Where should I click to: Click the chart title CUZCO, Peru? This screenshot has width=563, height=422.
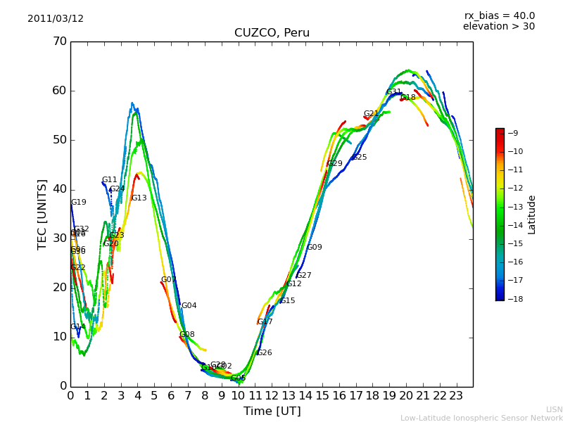tap(272, 33)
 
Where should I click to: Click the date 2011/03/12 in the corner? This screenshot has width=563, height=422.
tap(56, 19)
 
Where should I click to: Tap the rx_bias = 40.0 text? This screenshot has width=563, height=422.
tap(499, 15)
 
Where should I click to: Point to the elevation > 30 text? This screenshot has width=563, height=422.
tap(498, 27)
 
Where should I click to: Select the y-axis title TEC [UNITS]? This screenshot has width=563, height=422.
tap(42, 214)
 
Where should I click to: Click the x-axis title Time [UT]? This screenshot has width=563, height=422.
tap(272, 411)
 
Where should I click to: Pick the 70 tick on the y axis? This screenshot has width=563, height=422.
tap(59, 41)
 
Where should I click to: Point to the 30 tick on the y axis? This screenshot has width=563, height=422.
tap(59, 238)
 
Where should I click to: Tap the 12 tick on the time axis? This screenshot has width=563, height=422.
tap(272, 395)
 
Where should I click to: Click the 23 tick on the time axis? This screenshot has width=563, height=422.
tap(456, 395)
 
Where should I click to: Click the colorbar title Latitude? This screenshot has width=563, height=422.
tap(532, 215)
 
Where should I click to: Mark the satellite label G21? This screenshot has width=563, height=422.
tap(372, 114)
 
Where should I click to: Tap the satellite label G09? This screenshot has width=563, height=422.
tap(315, 248)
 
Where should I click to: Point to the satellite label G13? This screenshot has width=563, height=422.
tap(139, 198)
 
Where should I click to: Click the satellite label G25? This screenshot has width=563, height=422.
tap(360, 158)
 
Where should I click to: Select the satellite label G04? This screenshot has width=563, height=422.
tap(189, 306)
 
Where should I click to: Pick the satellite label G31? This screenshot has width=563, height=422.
tap(394, 92)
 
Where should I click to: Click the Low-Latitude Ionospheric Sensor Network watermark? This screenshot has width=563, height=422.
tap(481, 418)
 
